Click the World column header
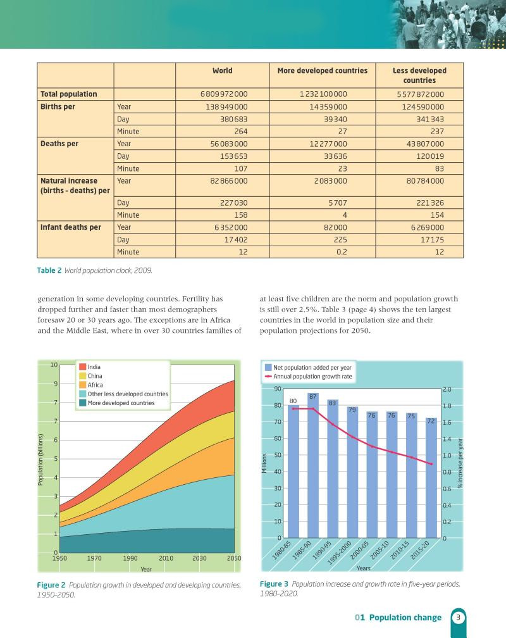pos(223,70)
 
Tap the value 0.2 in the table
pos(342,252)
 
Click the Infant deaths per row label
pos(71,227)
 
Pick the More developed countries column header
pos(322,70)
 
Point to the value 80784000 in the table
pos(425,180)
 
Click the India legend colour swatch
pos(83,367)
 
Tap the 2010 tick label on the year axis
pos(166,558)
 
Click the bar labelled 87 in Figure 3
pos(313,465)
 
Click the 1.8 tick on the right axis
pos(447,406)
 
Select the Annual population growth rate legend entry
pos(308,377)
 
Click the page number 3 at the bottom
pos(458,617)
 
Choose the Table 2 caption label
pos(49,270)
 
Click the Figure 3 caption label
pos(274,584)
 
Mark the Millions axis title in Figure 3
pos(264,463)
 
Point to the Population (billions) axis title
pos(40,460)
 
